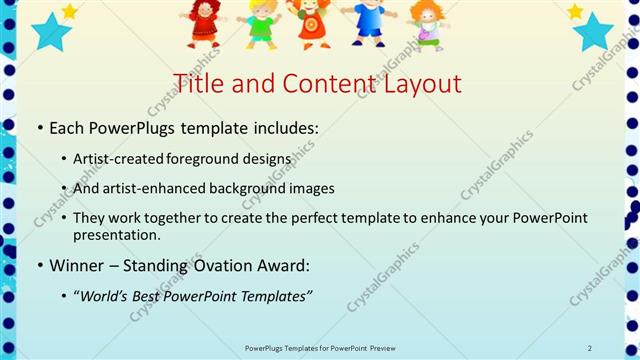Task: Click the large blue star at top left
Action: (x=50, y=32)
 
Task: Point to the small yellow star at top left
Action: (x=69, y=11)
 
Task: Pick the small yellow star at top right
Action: (x=574, y=11)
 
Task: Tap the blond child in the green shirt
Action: (x=262, y=22)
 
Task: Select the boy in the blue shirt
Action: (x=368, y=20)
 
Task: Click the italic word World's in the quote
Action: (x=104, y=296)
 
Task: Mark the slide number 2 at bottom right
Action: (x=590, y=347)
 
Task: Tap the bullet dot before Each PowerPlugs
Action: (x=39, y=131)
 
